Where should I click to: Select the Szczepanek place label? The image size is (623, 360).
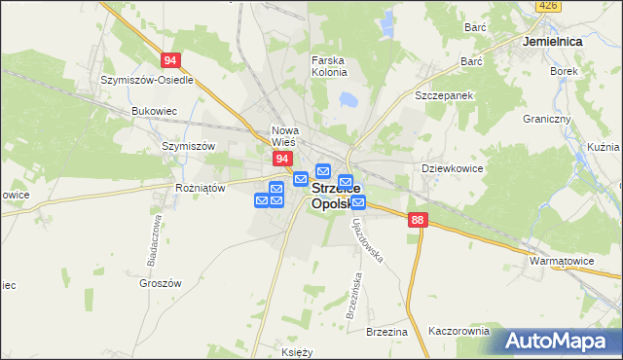pos(443,96)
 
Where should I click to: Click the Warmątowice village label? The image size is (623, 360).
pos(562,262)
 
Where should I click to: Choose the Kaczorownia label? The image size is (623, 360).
pos(458,331)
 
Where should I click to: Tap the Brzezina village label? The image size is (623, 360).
pos(386,332)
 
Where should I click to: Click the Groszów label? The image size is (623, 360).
pos(161,283)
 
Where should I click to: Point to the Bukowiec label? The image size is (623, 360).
pos(152,111)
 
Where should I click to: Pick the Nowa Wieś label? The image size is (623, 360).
pos(285,136)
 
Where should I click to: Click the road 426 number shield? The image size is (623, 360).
pos(548,6)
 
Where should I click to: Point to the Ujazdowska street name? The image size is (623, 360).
pos(369,242)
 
